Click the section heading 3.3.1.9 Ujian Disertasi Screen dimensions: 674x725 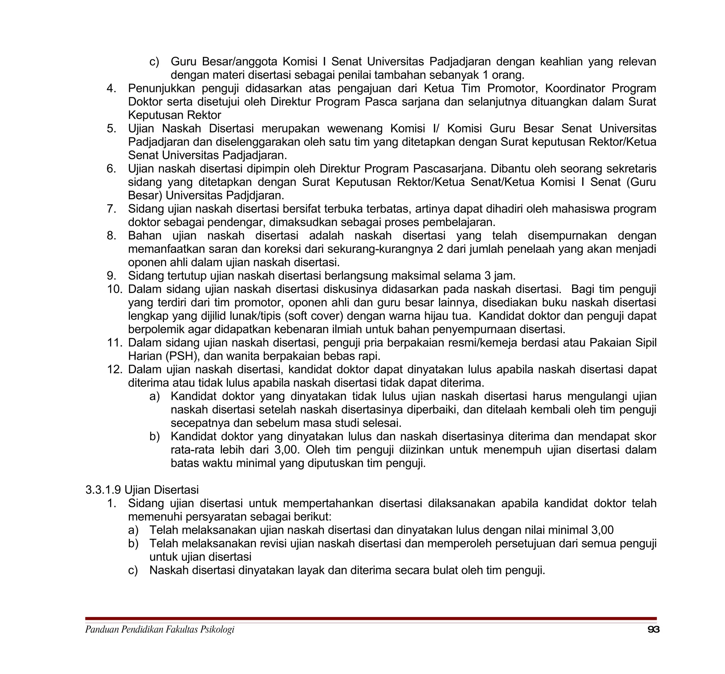pos(142,490)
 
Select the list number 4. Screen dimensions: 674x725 pos(111,88)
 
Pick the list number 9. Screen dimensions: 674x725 pos(111,276)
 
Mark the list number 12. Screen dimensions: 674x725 pos(114,370)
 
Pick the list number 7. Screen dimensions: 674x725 pos(111,209)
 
